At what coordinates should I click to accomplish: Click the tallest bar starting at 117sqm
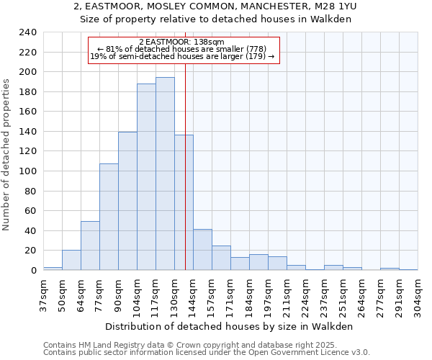pos(165,174)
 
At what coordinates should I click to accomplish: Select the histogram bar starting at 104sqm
pos(146,177)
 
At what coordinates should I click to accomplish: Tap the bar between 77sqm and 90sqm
pos(109,217)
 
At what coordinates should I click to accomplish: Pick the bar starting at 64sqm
pos(90,246)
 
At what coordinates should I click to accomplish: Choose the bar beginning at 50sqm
pos(71,260)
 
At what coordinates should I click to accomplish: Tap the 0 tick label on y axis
pos(33,271)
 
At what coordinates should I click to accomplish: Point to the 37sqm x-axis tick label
pos(44,294)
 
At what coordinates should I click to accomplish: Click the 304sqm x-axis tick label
pos(418,294)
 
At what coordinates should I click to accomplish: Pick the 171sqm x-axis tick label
pos(231,294)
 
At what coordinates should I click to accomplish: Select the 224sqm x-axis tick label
pos(306,294)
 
